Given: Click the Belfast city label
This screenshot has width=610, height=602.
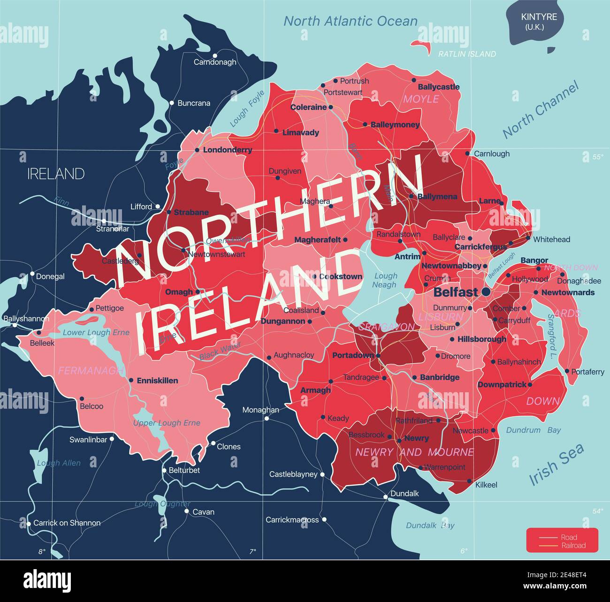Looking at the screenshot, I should pyautogui.click(x=456, y=292).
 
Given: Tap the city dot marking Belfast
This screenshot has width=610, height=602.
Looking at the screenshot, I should pyautogui.click(x=486, y=292).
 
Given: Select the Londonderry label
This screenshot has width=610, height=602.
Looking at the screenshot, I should pyautogui.click(x=228, y=150).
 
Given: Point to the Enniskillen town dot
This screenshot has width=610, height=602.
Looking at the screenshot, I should pyautogui.click(x=131, y=381).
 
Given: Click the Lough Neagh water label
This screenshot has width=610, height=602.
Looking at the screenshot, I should pyautogui.click(x=385, y=280).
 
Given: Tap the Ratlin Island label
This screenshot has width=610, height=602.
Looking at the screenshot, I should pyautogui.click(x=467, y=54).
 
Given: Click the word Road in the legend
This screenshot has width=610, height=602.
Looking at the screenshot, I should pyautogui.click(x=569, y=537).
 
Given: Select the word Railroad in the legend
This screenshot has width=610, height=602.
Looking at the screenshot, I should pyautogui.click(x=573, y=545).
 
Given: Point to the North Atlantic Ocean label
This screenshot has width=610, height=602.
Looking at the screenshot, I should pyautogui.click(x=351, y=21).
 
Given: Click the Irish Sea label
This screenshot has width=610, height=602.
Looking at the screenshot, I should pyautogui.click(x=557, y=464).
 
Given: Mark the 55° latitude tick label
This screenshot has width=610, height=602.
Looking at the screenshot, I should pyautogui.click(x=597, y=157).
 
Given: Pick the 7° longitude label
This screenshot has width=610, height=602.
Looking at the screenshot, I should pyautogui.click(x=252, y=551).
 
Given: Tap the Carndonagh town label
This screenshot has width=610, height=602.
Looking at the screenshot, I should pyautogui.click(x=215, y=62).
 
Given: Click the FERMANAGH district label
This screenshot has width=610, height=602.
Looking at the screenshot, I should pyautogui.click(x=91, y=371).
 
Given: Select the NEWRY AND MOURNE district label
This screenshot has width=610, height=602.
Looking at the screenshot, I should pyautogui.click(x=415, y=452).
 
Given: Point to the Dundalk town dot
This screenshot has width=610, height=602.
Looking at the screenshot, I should pyautogui.click(x=385, y=496).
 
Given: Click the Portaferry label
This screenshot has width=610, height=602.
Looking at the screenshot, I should pyautogui.click(x=587, y=372).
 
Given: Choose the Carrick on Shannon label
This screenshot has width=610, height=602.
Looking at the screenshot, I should pyautogui.click(x=67, y=523).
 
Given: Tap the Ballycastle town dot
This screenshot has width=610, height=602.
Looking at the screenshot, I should pyautogui.click(x=414, y=80).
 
